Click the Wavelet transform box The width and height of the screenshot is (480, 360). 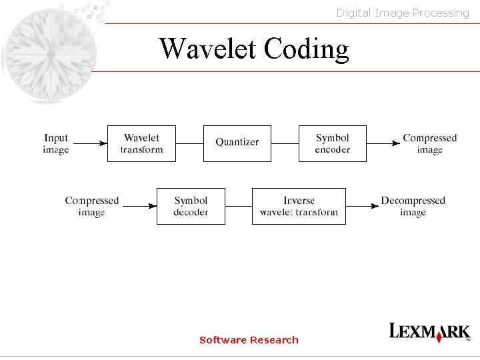[141, 143]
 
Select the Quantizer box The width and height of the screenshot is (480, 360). [237, 143]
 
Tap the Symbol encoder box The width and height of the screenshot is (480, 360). [332, 143]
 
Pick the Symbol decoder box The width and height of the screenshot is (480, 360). [191, 206]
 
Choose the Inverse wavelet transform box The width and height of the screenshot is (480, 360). [299, 206]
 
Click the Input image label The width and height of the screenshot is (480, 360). [56, 143]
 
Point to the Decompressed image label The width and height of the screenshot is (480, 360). [413, 206]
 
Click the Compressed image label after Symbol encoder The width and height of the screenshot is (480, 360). [429, 143]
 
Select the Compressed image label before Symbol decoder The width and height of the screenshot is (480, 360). [91, 206]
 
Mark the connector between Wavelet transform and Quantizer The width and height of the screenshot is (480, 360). [189, 143]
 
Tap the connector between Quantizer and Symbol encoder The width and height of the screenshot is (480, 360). [285, 143]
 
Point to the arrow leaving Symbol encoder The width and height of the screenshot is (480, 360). [383, 143]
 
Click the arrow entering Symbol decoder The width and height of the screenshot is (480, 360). [139, 206]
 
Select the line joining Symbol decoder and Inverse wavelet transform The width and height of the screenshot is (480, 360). [238, 206]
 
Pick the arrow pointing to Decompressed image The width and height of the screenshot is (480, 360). [362, 206]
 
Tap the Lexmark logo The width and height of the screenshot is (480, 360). [430, 332]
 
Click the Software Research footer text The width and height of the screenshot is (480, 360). [249, 340]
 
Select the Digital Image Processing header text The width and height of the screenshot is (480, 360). [403, 13]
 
